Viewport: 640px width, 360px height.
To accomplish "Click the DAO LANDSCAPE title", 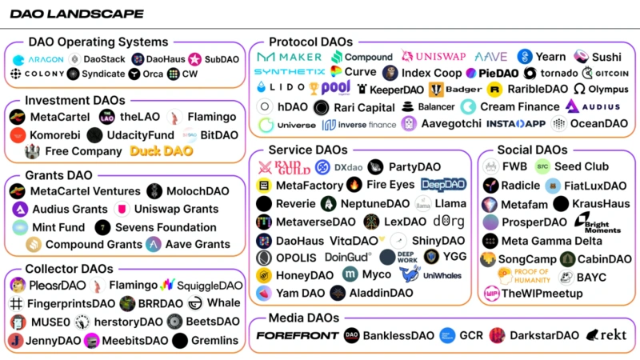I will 77,14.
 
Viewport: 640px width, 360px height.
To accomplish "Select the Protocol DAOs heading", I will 310,42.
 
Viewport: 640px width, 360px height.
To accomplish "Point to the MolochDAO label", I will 197,191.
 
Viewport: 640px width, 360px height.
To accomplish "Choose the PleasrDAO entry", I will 54,286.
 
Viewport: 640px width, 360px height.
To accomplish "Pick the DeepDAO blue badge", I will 443,185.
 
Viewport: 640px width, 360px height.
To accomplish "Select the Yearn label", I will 550,57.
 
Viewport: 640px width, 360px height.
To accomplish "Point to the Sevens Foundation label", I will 166,227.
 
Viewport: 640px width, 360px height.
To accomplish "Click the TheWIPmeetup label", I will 543,293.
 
